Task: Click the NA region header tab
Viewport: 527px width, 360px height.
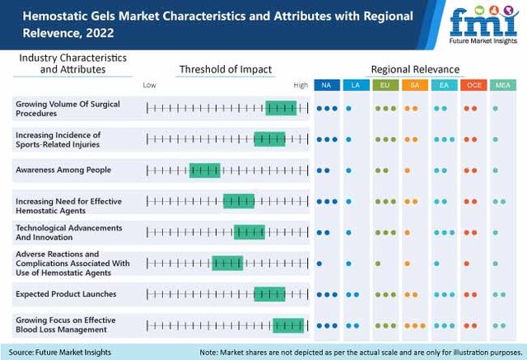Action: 326,85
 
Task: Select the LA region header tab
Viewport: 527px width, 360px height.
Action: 356,85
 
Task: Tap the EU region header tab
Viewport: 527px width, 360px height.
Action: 385,85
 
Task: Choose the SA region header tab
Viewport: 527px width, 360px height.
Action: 414,85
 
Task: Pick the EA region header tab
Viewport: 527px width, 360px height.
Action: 443,85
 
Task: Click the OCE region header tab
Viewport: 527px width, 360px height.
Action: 473,85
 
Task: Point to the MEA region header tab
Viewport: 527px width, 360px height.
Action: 501,85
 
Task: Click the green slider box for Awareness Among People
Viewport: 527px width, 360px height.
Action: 205,171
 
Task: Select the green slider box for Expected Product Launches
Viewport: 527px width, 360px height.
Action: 269,294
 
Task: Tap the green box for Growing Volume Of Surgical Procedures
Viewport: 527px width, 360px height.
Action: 281,108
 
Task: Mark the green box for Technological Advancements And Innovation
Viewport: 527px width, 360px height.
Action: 250,232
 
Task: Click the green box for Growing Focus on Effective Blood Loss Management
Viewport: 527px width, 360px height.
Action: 288,325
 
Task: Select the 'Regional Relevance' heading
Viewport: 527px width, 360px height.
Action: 415,69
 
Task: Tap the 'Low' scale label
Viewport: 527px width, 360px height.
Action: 149,85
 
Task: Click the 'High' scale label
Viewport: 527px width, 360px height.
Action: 301,85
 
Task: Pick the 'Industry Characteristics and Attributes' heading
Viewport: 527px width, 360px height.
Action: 72,63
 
